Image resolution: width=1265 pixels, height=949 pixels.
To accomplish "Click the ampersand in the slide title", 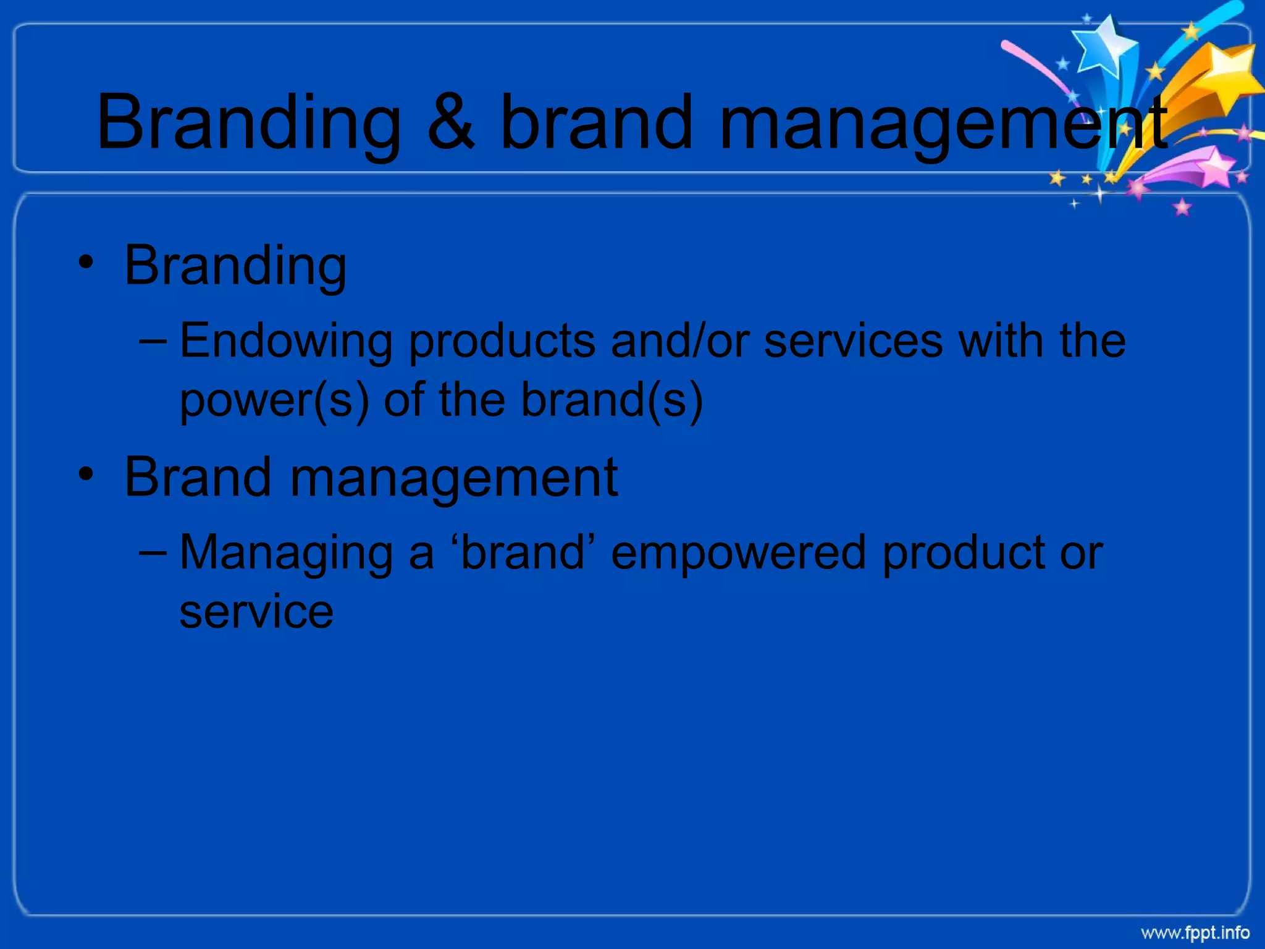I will [x=452, y=122].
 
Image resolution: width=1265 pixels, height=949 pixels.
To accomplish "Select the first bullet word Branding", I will [x=235, y=266].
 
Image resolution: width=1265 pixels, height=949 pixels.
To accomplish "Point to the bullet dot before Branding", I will [x=86, y=263].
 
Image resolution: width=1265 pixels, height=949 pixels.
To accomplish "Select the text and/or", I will [x=680, y=342].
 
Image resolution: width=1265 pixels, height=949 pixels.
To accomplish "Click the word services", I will [x=853, y=342].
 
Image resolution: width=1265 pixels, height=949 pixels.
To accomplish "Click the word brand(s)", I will [x=611, y=400].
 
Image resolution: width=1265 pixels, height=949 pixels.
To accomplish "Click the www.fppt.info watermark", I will [x=1195, y=932].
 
